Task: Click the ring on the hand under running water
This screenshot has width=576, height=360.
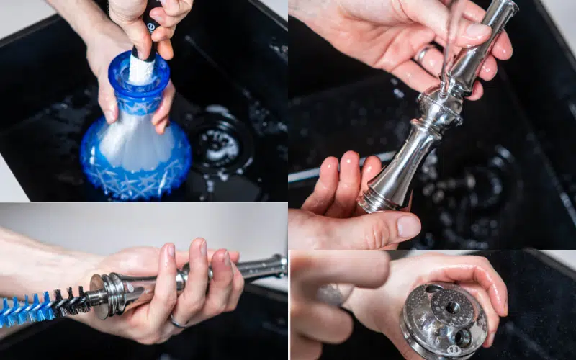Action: (x=423, y=53)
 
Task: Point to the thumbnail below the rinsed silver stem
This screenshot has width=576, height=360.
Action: (x=408, y=226)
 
